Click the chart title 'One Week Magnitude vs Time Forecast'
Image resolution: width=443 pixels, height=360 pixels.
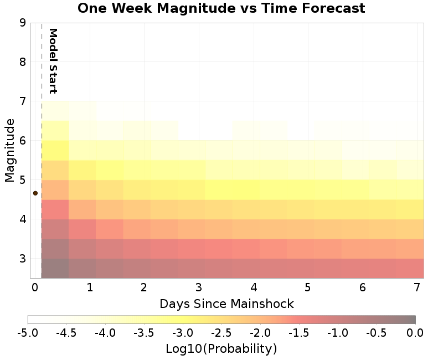(221, 8)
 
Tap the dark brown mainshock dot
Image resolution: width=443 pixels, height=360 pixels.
(35, 193)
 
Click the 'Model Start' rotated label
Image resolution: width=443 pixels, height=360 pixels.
(53, 61)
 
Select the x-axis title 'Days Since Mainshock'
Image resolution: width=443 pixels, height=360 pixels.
(226, 304)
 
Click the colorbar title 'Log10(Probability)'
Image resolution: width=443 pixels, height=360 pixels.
(221, 349)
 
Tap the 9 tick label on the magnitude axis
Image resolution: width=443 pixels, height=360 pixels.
(23, 23)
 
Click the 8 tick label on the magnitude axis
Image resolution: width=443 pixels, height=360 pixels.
(23, 62)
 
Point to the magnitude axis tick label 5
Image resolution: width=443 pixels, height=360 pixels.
(23, 180)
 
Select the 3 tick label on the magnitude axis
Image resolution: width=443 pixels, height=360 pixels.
(23, 259)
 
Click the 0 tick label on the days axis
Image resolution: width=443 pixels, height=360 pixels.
(34, 288)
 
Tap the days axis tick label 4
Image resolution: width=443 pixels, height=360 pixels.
(253, 288)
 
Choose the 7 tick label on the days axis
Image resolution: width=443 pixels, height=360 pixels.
(417, 288)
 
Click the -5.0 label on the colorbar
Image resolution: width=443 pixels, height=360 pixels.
(28, 333)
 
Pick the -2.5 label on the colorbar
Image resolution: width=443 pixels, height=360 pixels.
(221, 333)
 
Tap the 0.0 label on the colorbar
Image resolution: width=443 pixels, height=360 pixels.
(415, 333)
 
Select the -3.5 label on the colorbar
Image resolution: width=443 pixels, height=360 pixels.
(144, 333)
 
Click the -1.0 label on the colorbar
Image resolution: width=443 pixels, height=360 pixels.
(338, 333)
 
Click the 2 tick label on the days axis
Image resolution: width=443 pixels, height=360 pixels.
(143, 288)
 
